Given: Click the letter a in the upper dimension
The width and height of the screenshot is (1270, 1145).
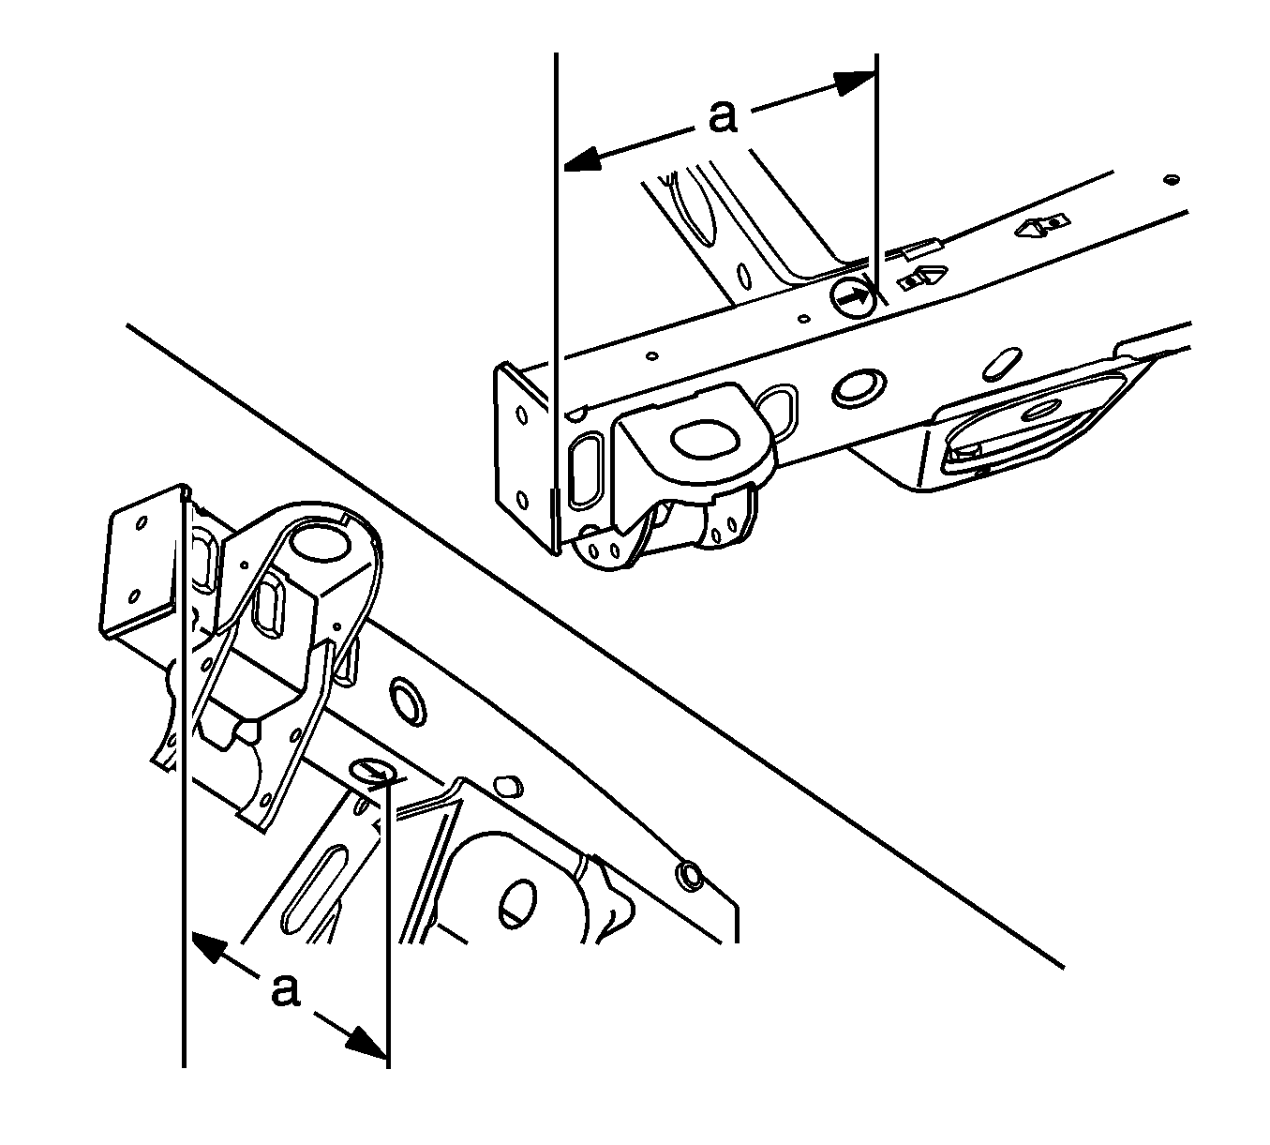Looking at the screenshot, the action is tap(723, 118).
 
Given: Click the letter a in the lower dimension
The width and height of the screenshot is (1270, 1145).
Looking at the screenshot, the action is tap(284, 989).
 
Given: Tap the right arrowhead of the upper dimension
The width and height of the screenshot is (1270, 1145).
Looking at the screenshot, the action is tap(854, 83).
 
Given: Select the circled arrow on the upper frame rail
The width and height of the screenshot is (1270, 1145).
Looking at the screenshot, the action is tap(853, 295).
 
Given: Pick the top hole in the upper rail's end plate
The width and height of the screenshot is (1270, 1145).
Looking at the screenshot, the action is tap(522, 415).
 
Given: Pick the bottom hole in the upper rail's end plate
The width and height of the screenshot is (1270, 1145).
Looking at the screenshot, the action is tap(522, 501).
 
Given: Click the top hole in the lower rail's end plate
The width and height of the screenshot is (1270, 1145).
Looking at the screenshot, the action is tap(142, 523).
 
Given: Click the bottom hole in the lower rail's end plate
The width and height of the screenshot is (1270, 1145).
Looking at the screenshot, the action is tap(134, 597).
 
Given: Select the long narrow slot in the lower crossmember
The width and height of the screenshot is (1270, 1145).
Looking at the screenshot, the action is tap(314, 887).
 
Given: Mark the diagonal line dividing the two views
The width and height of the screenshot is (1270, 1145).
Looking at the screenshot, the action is tap(595, 646).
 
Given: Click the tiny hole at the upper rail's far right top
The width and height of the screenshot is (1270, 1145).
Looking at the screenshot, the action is tap(1172, 180).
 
